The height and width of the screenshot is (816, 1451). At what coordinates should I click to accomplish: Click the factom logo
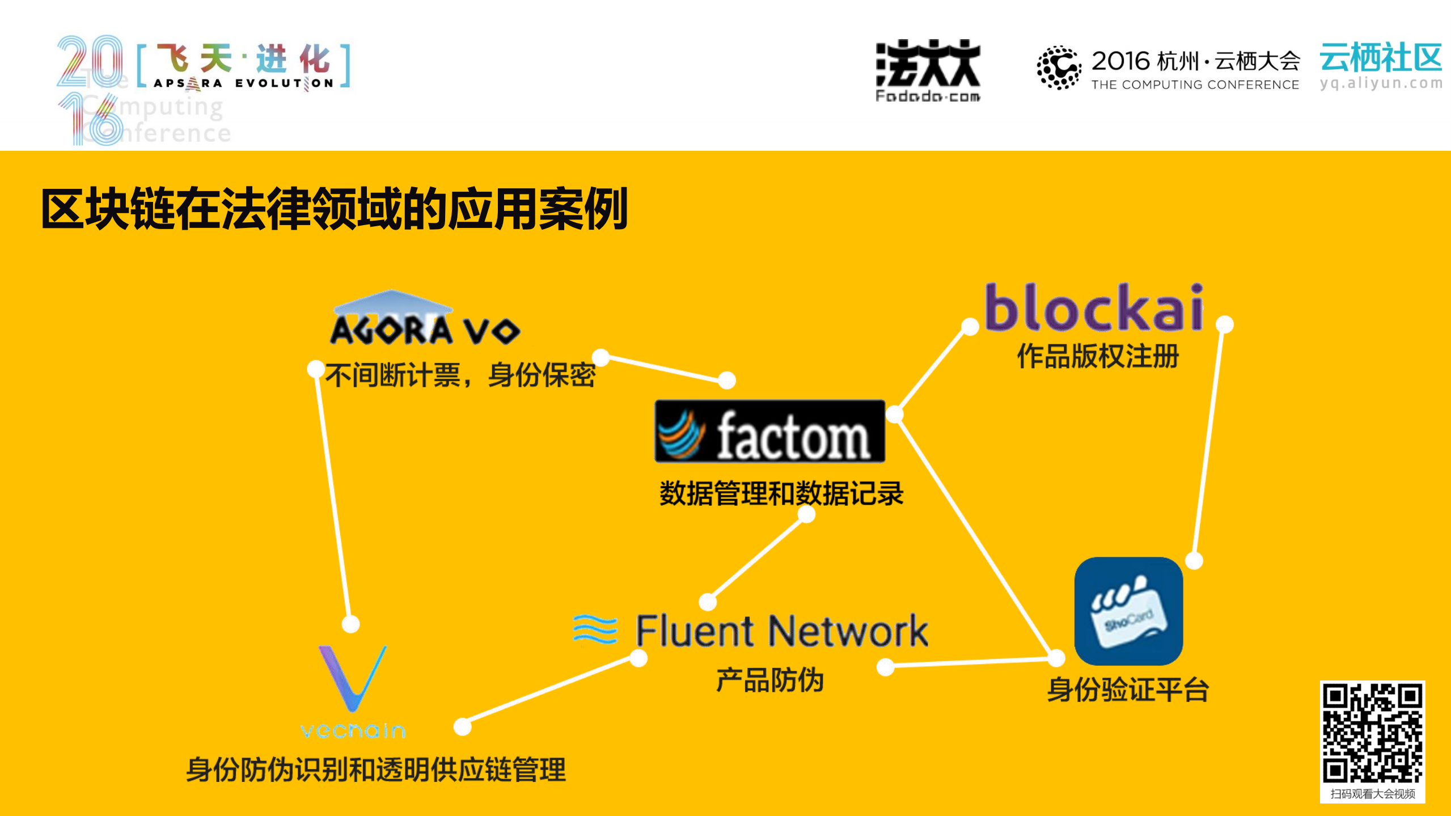coord(769,432)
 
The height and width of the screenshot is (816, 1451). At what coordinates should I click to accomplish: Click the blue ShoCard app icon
coord(1128,611)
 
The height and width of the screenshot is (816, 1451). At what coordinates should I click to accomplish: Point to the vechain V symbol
coord(352,678)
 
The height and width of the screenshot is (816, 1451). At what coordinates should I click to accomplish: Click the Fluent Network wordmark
coord(781,631)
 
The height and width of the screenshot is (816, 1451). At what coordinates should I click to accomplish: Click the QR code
coord(1372,733)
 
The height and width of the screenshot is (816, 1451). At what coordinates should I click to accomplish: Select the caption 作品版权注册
coord(1098,356)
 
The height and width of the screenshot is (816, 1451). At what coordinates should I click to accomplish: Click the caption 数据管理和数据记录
coord(781,493)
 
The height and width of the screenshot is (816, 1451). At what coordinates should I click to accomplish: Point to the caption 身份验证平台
coord(1127,690)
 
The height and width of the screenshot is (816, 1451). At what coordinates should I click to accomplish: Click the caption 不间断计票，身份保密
coord(460,375)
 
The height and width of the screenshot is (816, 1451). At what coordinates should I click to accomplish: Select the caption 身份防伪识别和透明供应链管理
coord(375,770)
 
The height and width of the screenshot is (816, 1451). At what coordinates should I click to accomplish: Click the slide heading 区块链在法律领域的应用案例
coord(334,209)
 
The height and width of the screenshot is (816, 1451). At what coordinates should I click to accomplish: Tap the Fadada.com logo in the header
coord(928,71)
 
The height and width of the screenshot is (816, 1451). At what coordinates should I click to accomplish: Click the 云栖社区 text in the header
coord(1380,58)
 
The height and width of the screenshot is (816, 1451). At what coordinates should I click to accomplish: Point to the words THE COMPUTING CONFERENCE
coord(1195,85)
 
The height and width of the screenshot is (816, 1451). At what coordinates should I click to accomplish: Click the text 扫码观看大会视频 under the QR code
coord(1372,794)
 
